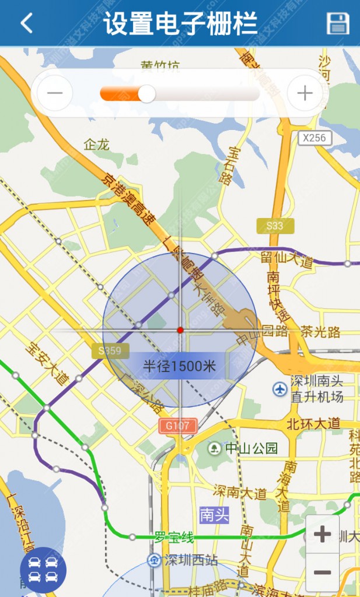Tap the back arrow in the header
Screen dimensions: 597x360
coord(26,23)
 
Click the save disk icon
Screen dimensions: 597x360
coord(337,23)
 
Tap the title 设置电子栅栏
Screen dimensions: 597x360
coord(180,23)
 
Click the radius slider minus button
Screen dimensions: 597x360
coord(55,93)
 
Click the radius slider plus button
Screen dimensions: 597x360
coord(305,93)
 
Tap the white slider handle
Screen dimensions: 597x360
coord(146,93)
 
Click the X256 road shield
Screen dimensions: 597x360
coord(315,138)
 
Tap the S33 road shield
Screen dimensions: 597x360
coord(275,226)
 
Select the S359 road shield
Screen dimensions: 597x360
coord(110,350)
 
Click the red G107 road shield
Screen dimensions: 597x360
coord(177,426)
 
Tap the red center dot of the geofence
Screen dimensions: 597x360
coord(180,330)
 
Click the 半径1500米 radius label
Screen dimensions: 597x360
coord(180,366)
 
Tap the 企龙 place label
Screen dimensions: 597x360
coord(96,145)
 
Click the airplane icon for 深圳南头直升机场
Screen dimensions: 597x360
coord(280,388)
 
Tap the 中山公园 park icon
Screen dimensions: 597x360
coord(215,448)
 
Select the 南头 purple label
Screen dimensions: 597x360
coord(214,515)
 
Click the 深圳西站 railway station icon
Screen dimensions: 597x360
coord(154,560)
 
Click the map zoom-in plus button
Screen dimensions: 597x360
coord(322,534)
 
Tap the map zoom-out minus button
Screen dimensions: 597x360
coord(322,572)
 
